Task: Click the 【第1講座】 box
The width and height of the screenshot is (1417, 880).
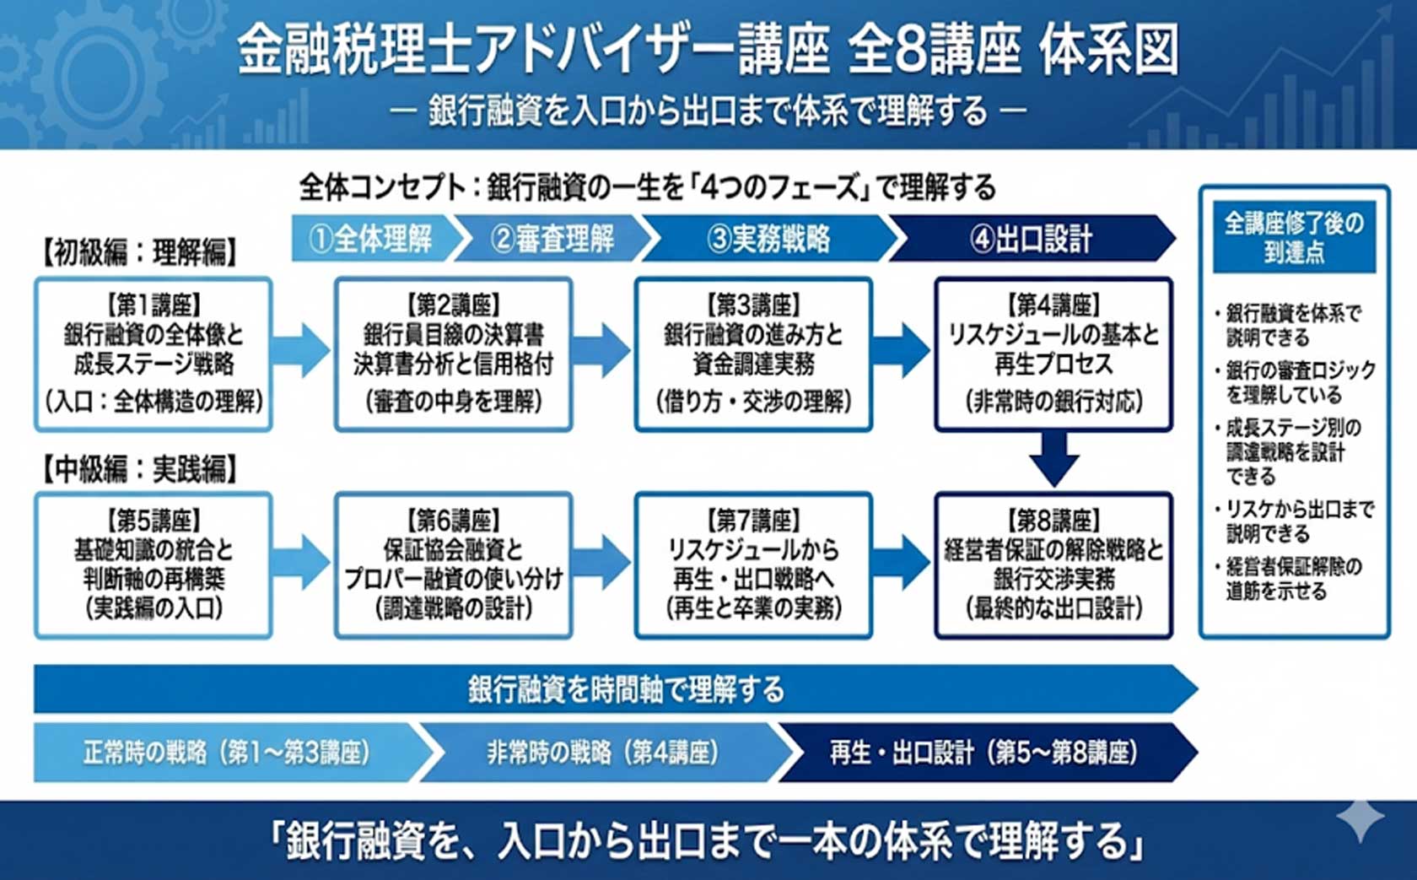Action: pos(154,354)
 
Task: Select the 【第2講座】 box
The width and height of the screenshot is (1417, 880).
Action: pos(453,354)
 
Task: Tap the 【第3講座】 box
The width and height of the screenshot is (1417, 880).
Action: pos(753,354)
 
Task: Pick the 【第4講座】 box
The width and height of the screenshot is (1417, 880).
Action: pos(1053,354)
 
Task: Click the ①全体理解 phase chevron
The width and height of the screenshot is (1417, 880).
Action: pos(371,239)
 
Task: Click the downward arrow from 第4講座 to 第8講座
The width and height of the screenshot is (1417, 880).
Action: pos(1053,459)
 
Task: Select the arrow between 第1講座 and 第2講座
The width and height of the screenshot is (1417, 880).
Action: pos(301,349)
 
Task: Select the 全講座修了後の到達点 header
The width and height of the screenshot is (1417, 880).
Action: pos(1294,237)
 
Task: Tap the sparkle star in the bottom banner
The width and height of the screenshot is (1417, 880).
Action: pos(1360,818)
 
